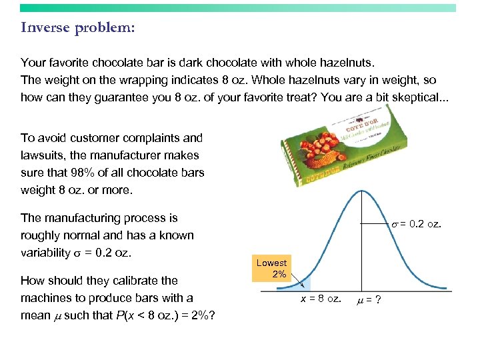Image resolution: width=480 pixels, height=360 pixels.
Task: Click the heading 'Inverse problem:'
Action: (x=77, y=28)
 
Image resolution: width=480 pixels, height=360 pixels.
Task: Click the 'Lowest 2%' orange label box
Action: (x=271, y=269)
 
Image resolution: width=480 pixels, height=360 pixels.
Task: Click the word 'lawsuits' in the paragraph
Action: (x=41, y=155)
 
